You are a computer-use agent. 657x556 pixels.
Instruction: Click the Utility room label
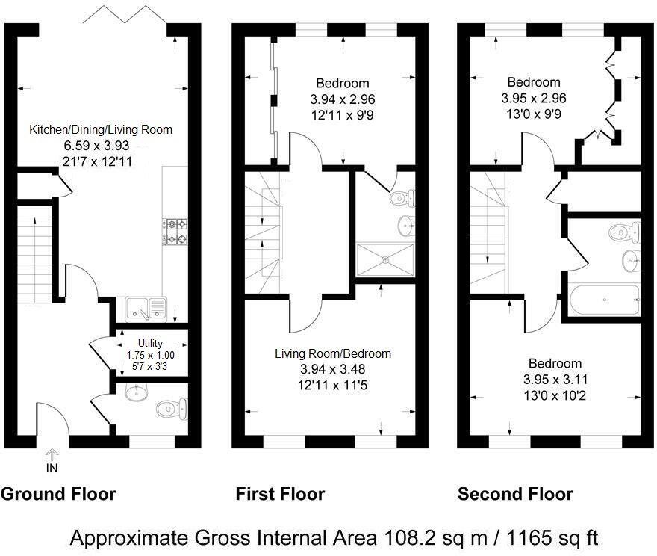[150, 344]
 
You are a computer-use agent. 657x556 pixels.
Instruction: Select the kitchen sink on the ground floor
[146, 309]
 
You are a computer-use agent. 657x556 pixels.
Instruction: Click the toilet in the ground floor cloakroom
[172, 408]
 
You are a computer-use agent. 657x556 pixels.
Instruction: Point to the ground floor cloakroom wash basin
[136, 393]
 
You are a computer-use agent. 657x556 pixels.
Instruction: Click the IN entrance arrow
[52, 454]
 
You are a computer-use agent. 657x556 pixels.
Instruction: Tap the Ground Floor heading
[58, 494]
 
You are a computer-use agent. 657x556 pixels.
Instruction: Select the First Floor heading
[280, 494]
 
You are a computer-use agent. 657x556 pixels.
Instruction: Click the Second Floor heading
[515, 494]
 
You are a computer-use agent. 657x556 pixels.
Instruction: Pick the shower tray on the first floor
[385, 260]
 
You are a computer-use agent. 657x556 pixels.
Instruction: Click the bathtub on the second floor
[605, 300]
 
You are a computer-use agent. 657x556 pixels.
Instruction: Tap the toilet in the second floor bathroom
[624, 232]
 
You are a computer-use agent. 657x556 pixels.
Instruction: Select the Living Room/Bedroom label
[333, 353]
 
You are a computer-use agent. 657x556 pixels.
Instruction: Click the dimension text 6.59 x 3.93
[96, 146]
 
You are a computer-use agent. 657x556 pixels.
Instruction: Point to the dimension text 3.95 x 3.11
[555, 380]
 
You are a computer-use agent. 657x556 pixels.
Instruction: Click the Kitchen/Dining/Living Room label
[101, 129]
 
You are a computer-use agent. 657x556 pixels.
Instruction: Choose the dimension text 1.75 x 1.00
[150, 355]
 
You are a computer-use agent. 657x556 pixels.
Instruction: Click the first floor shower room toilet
[402, 197]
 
